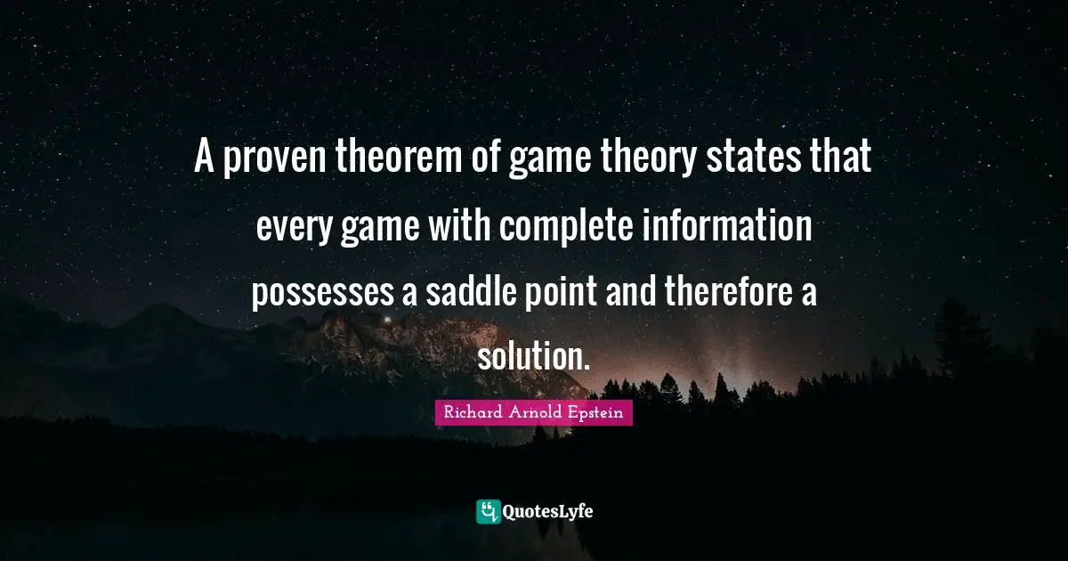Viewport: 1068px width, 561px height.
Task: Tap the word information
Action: coord(728,228)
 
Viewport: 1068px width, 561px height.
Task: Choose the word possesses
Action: coord(321,293)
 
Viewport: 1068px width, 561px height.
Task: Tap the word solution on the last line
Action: coord(533,358)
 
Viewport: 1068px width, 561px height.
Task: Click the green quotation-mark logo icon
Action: coord(488,511)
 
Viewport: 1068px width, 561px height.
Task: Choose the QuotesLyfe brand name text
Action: coord(548,512)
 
